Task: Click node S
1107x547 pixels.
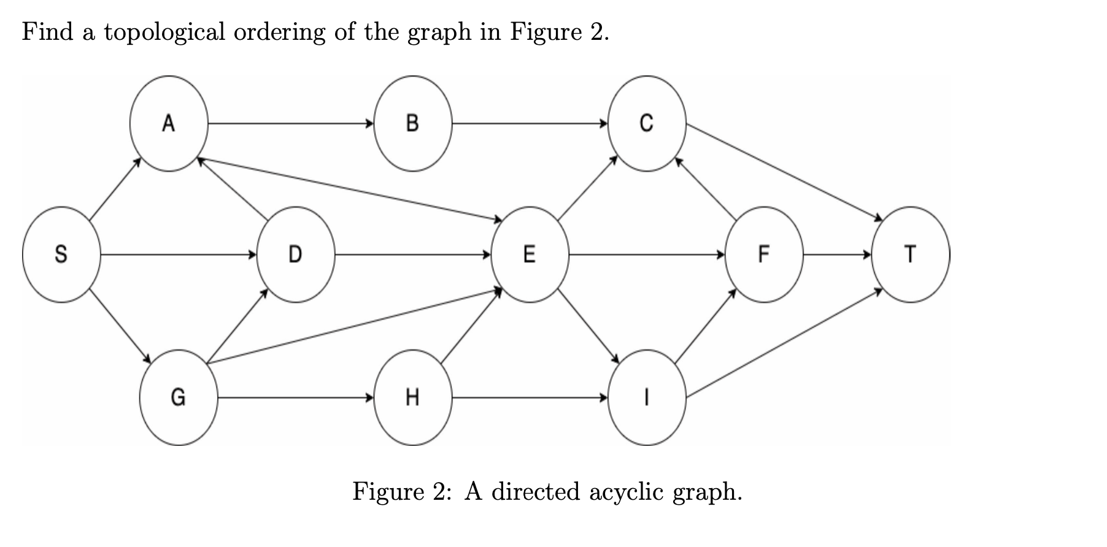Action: coord(61,254)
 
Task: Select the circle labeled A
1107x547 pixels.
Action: coord(169,123)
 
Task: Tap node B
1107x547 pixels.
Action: coord(413,123)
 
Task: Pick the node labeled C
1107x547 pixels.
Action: coord(647,123)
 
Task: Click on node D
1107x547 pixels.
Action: coord(296,254)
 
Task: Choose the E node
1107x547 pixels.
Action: coord(530,254)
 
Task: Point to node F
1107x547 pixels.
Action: coord(764,254)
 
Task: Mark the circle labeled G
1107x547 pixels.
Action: coord(179,397)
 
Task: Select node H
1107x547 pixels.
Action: coord(413,397)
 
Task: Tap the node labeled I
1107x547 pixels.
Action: coord(647,397)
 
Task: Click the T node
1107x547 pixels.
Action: coord(911,254)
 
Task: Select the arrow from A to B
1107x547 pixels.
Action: coord(291,123)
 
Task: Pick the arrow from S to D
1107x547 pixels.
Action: coord(179,254)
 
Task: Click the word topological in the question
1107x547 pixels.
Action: coord(164,32)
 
